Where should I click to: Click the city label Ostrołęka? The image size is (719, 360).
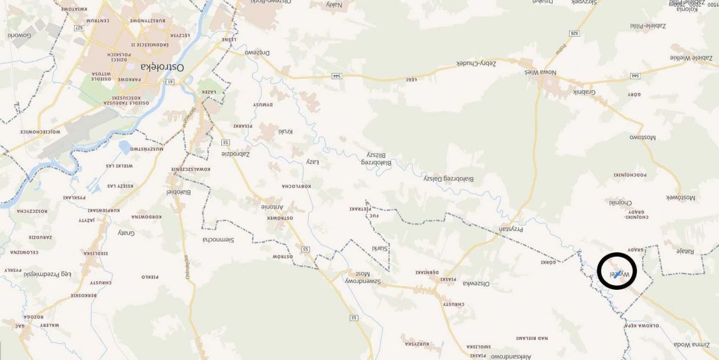tap(163, 66)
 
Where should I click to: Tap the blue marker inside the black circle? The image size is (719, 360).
tap(617, 274)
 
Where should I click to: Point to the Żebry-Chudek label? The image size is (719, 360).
tap(477, 63)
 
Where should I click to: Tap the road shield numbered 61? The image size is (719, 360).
tap(170, 82)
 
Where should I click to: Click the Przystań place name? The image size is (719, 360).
tap(506, 230)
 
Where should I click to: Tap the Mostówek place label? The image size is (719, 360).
tap(680, 198)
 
